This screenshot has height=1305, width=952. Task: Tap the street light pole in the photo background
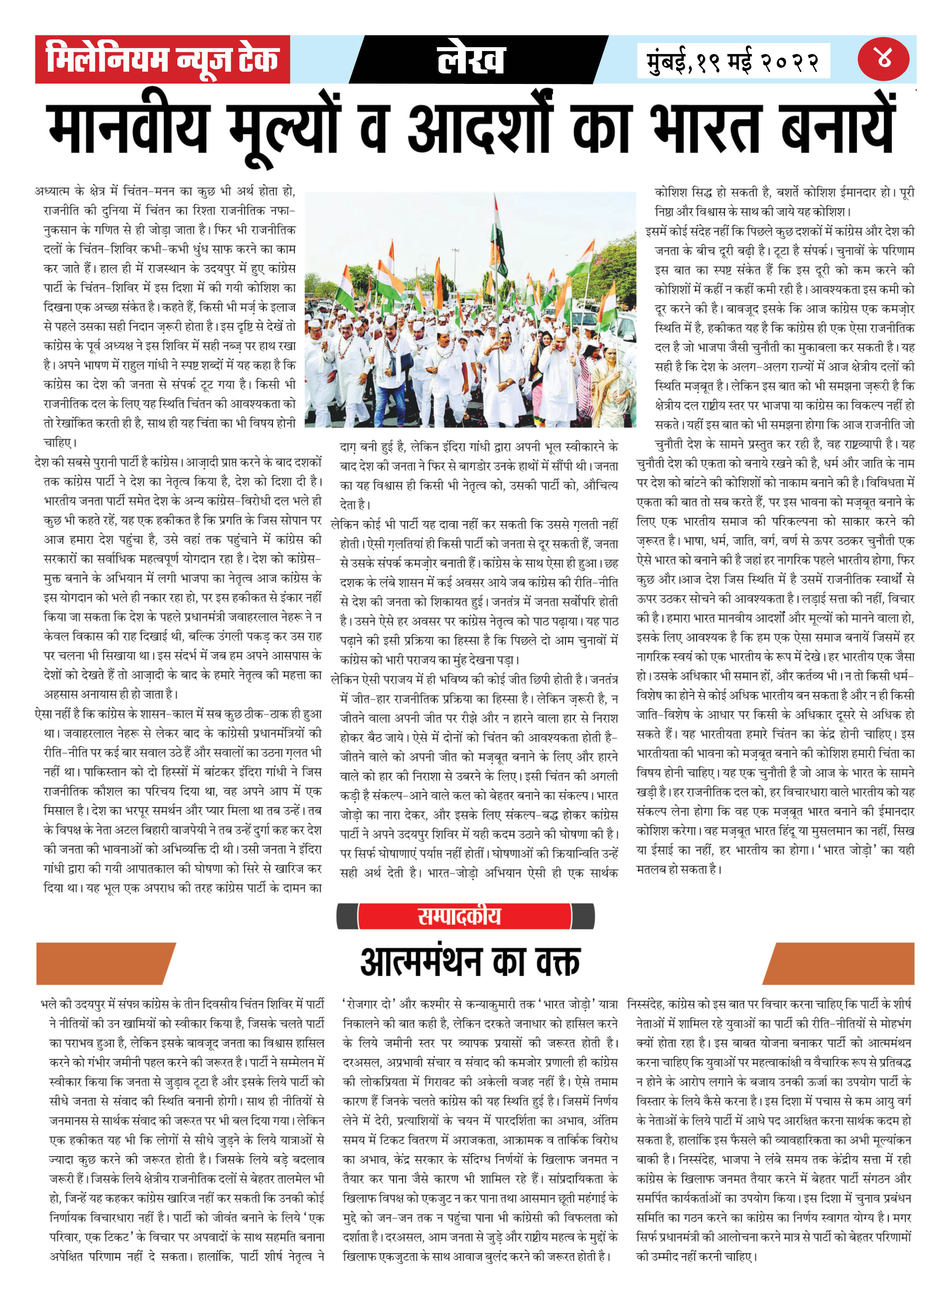tap(455, 265)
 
